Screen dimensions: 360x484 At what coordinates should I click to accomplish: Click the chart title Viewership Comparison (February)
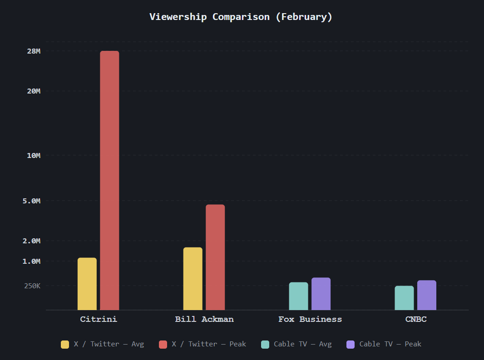tap(241, 17)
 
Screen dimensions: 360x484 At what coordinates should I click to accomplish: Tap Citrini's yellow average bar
tap(87, 284)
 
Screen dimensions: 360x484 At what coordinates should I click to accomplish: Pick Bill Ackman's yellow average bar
tap(193, 279)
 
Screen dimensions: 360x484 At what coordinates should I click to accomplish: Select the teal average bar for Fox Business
tap(298, 296)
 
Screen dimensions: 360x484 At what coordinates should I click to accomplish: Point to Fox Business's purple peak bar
tap(321, 294)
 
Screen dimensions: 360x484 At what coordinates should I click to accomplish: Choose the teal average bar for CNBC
tap(404, 298)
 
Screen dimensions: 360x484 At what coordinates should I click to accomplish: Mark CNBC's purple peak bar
tap(427, 295)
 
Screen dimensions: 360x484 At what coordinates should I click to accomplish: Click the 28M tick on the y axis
tap(34, 51)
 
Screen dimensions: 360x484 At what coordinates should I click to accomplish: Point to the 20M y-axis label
tap(34, 91)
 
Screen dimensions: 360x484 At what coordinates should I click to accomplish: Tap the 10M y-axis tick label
tap(34, 156)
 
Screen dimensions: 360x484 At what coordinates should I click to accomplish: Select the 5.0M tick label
tap(32, 201)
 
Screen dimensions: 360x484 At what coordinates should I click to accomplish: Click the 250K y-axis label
tap(32, 286)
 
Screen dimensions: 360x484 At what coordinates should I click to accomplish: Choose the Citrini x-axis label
tap(99, 319)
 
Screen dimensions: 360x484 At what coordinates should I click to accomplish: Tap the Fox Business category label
tap(310, 319)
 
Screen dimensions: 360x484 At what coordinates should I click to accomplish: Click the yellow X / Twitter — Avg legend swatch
tap(65, 344)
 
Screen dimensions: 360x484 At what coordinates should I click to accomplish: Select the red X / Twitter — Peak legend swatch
tap(163, 344)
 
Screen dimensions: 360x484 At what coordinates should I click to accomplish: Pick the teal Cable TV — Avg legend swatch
tap(265, 344)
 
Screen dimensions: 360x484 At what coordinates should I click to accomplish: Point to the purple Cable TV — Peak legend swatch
tap(351, 344)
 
